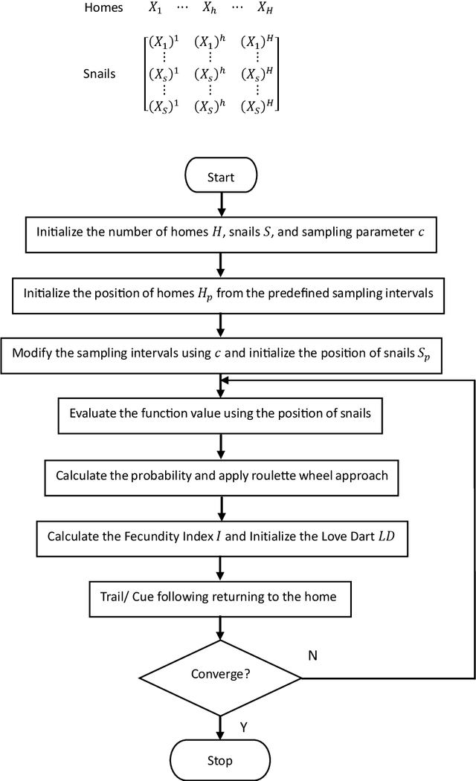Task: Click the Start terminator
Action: click(x=221, y=177)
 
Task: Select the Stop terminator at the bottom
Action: click(x=221, y=760)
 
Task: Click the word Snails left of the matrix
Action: click(x=100, y=74)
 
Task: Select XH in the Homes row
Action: click(x=263, y=10)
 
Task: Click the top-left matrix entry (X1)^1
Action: click(x=165, y=42)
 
